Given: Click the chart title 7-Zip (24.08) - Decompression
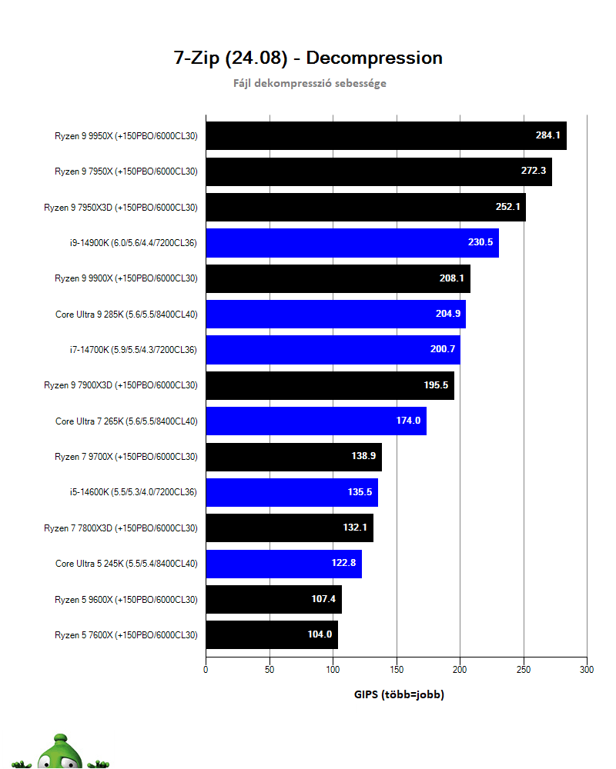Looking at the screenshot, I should [x=308, y=58].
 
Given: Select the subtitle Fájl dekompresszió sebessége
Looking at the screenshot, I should [x=310, y=83].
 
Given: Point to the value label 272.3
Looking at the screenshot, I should [x=533, y=171].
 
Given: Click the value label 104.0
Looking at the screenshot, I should [x=319, y=635].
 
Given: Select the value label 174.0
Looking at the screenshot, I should [x=407, y=421].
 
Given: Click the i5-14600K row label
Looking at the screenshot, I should [x=132, y=492].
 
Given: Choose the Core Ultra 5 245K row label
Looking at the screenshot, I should [x=126, y=564].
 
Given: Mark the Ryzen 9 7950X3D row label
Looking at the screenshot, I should [x=120, y=207].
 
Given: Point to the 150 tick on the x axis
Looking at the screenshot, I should [x=397, y=670].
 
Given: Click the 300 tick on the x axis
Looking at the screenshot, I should [x=587, y=670].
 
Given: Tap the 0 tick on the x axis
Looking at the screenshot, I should [x=206, y=670].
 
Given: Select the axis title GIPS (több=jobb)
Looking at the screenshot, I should [x=399, y=694].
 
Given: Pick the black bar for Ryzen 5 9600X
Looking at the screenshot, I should [x=273, y=599].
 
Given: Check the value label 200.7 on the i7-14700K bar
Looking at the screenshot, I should [x=444, y=350].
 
